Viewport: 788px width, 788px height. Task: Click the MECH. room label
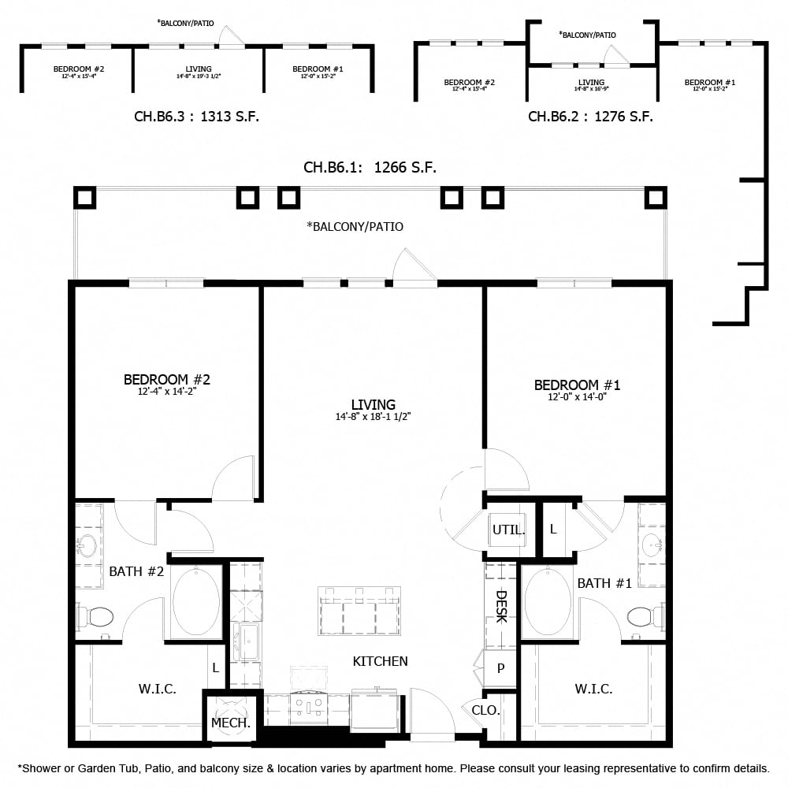tap(231, 723)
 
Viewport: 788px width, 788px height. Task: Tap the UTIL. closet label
tap(508, 530)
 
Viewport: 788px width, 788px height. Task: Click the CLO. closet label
tap(485, 710)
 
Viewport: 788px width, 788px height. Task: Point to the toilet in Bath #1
tap(645, 615)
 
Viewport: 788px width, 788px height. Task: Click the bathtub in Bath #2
tap(196, 600)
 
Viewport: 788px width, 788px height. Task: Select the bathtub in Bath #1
tap(548, 602)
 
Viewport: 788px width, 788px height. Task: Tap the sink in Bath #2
tap(87, 545)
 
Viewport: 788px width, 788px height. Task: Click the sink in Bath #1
tap(652, 544)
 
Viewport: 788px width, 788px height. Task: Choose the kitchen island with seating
tap(359, 611)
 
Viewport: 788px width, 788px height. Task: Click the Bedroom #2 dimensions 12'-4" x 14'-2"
tap(166, 392)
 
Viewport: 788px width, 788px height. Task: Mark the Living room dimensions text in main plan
tap(373, 417)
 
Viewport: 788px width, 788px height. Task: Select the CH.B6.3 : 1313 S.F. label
tap(196, 117)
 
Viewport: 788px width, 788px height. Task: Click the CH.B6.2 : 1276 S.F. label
tap(590, 117)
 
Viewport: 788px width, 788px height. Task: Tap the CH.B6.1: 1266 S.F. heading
tap(370, 167)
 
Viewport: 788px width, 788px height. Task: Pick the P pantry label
tap(500, 669)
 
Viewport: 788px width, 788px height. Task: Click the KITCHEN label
tap(380, 661)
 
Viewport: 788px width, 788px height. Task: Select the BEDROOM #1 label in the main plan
tap(577, 385)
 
